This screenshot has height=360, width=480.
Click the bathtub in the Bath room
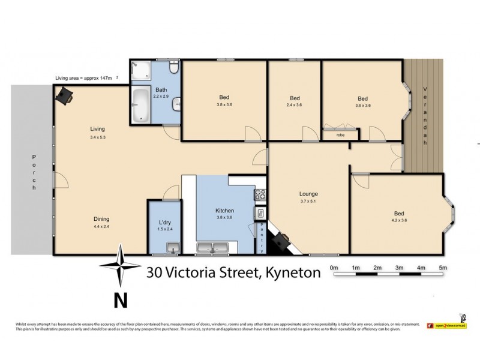tap(140, 105)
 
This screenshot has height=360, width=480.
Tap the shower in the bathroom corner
tap(140, 71)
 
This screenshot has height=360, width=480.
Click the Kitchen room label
tap(224, 211)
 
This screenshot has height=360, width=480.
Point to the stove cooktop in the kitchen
tap(262, 195)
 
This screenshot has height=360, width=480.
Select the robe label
tap(340, 135)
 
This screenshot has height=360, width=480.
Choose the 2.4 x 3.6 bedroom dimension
tap(295, 105)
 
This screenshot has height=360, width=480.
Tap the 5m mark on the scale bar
tap(443, 267)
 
